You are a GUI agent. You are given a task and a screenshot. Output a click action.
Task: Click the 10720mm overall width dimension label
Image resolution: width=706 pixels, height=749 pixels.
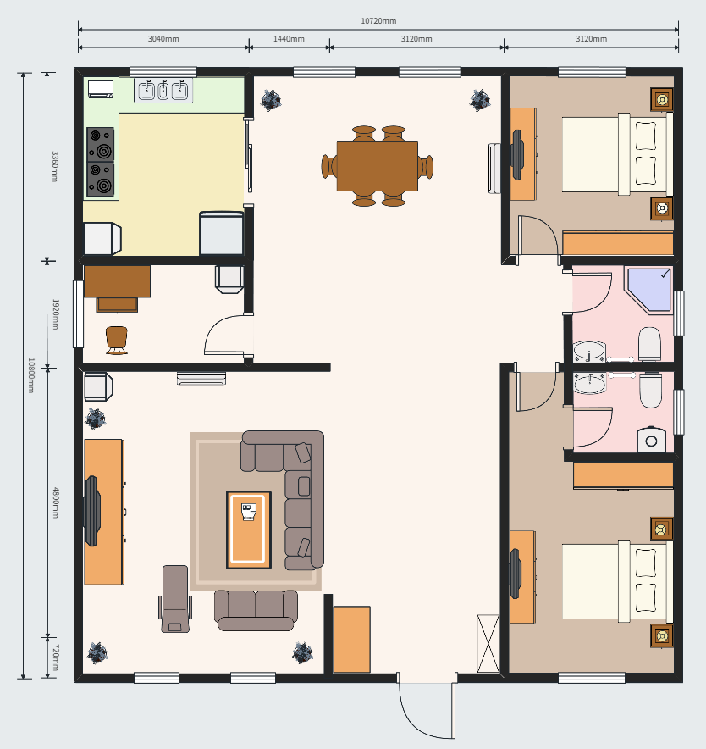[378, 21]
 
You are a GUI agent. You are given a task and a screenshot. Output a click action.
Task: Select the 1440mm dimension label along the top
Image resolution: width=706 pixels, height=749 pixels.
[289, 39]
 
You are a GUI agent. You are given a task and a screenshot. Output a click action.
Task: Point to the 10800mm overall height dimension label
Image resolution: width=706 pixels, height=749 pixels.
[30, 375]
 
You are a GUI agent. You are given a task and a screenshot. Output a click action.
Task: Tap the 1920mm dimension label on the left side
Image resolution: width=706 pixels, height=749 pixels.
[55, 314]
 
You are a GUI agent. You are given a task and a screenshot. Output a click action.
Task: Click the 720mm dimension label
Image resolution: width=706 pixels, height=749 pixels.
[55, 657]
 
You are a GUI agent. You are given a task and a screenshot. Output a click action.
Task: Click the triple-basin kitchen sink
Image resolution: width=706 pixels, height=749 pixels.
[163, 90]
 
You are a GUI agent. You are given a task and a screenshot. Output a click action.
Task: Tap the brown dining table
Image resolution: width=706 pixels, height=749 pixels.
[377, 166]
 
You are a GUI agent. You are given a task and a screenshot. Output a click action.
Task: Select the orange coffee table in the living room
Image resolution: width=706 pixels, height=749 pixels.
[249, 530]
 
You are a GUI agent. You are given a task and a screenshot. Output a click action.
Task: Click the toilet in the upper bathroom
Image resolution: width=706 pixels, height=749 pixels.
[649, 344]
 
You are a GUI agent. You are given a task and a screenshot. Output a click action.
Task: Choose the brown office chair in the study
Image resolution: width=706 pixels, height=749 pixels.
[117, 339]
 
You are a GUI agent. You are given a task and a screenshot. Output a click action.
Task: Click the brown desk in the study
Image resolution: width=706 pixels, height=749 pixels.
[117, 282]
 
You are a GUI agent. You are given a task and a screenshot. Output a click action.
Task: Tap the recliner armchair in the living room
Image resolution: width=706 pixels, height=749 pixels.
[175, 598]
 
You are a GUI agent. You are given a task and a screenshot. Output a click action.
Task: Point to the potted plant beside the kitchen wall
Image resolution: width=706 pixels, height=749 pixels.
[271, 100]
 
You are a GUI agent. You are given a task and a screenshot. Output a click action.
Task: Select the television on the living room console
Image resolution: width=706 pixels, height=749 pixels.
[92, 510]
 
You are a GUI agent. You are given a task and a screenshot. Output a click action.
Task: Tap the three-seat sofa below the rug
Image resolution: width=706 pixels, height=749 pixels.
[256, 610]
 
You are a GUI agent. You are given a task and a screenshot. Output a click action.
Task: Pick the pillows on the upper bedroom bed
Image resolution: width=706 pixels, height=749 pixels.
[647, 153]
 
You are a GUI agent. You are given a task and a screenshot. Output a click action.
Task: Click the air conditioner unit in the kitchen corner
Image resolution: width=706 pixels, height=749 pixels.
[101, 88]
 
